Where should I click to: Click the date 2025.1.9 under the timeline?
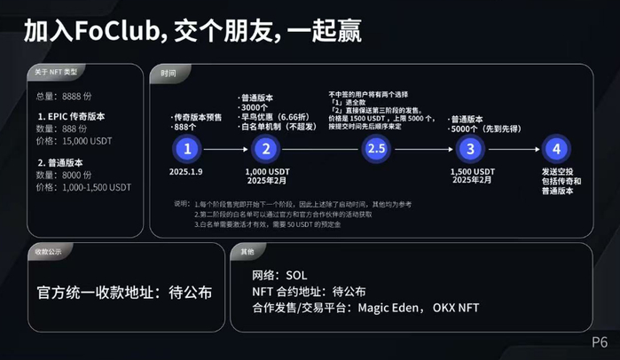tap(187, 171)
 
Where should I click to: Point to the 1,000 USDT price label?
tap(267, 171)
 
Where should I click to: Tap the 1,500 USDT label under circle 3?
tap(472, 171)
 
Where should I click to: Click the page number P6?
tap(600, 341)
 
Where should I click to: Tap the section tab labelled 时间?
tap(169, 72)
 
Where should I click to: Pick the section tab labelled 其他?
tap(247, 252)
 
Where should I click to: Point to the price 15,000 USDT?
tap(87, 141)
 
